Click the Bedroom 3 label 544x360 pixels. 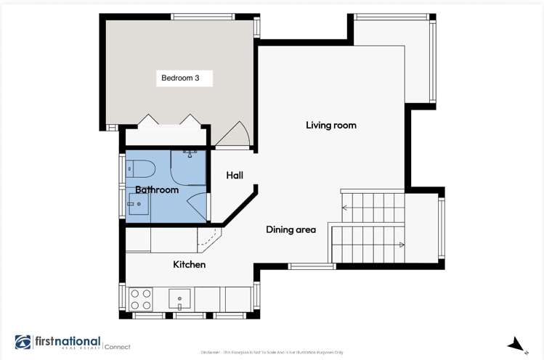(180, 78)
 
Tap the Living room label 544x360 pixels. (330, 126)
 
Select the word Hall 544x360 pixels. (234, 176)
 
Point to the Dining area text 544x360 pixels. (291, 230)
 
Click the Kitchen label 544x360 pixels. (189, 265)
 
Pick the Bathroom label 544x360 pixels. (156, 190)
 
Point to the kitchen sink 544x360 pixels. (179, 298)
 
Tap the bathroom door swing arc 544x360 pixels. (197, 206)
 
